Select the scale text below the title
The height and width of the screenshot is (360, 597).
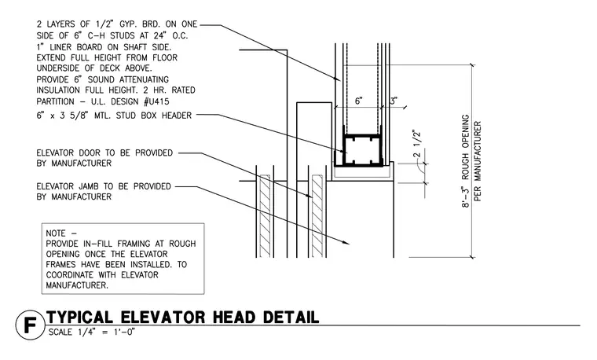pyautogui.click(x=92, y=332)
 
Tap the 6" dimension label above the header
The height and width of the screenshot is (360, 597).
pyautogui.click(x=359, y=101)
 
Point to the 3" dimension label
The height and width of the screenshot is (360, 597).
pyautogui.click(x=394, y=101)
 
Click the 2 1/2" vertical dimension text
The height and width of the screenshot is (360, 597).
pyautogui.click(x=417, y=145)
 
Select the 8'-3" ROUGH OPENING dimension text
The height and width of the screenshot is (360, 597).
pyautogui.click(x=465, y=161)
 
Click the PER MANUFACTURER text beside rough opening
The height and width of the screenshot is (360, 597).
pyautogui.click(x=478, y=161)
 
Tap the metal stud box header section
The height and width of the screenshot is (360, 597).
pyautogui.click(x=358, y=150)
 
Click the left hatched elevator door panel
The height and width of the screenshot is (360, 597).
pyautogui.click(x=265, y=215)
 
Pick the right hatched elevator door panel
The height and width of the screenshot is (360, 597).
pyautogui.click(x=317, y=215)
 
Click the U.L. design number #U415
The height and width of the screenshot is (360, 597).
pyautogui.click(x=156, y=101)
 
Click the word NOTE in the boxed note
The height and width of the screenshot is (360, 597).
pyautogui.click(x=56, y=233)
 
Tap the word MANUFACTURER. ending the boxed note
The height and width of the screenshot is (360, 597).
pyautogui.click(x=77, y=285)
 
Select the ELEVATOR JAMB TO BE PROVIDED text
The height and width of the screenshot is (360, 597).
pyautogui.click(x=104, y=186)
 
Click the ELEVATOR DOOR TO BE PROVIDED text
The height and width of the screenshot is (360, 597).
pyautogui.click(x=104, y=153)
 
